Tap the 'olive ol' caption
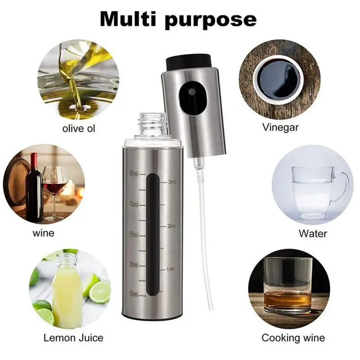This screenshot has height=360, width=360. point(79,128)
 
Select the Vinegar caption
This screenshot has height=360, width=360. point(280,127)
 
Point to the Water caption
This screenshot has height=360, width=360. point(313,234)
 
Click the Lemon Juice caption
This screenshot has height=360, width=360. point(73,337)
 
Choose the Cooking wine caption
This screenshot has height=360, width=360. point(293,337)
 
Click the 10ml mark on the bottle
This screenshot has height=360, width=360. point(133,294)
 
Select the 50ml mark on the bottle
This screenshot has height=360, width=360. point(133,234)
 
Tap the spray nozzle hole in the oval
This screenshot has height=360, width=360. point(191,91)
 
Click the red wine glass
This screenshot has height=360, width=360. point(55,184)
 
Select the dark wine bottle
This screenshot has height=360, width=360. point(34,189)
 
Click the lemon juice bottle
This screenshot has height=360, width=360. point(67,290)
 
